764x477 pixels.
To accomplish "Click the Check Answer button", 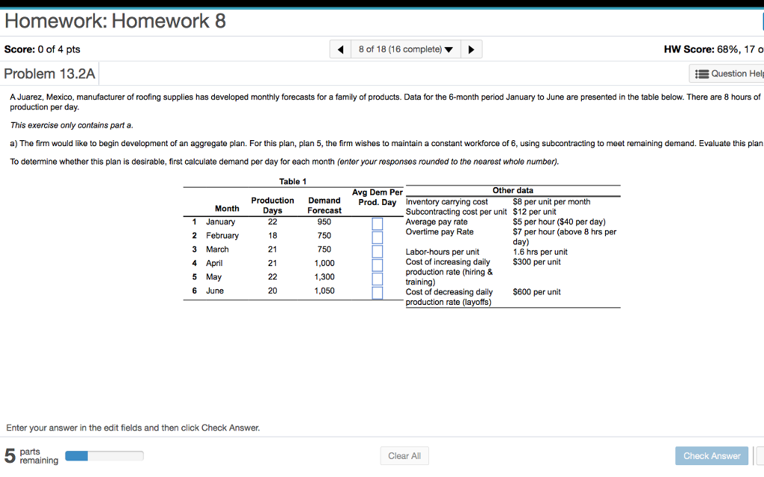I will [x=712, y=455].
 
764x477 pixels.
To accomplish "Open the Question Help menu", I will [x=727, y=74].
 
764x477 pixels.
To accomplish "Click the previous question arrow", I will [x=341, y=50].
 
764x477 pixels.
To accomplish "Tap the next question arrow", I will [x=471, y=50].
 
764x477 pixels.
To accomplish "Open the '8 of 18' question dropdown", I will [x=405, y=50].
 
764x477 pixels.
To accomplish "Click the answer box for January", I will [x=378, y=223].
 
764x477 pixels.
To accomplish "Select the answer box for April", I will [x=378, y=264].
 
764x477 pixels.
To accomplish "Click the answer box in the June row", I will [x=378, y=291].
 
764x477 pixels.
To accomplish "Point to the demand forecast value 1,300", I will [x=324, y=277].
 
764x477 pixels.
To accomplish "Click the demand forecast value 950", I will [x=324, y=222].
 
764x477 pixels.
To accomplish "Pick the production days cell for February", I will [x=272, y=236].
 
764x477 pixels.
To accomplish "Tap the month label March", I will [x=217, y=250].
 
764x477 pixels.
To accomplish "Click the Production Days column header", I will [x=272, y=205].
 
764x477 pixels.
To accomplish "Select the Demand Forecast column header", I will [x=325, y=205].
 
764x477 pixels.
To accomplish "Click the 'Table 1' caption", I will [x=292, y=182].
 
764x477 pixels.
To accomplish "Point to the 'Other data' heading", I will [x=513, y=191].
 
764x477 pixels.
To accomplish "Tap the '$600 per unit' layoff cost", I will [x=536, y=292].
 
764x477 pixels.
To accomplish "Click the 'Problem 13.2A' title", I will [x=49, y=74].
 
